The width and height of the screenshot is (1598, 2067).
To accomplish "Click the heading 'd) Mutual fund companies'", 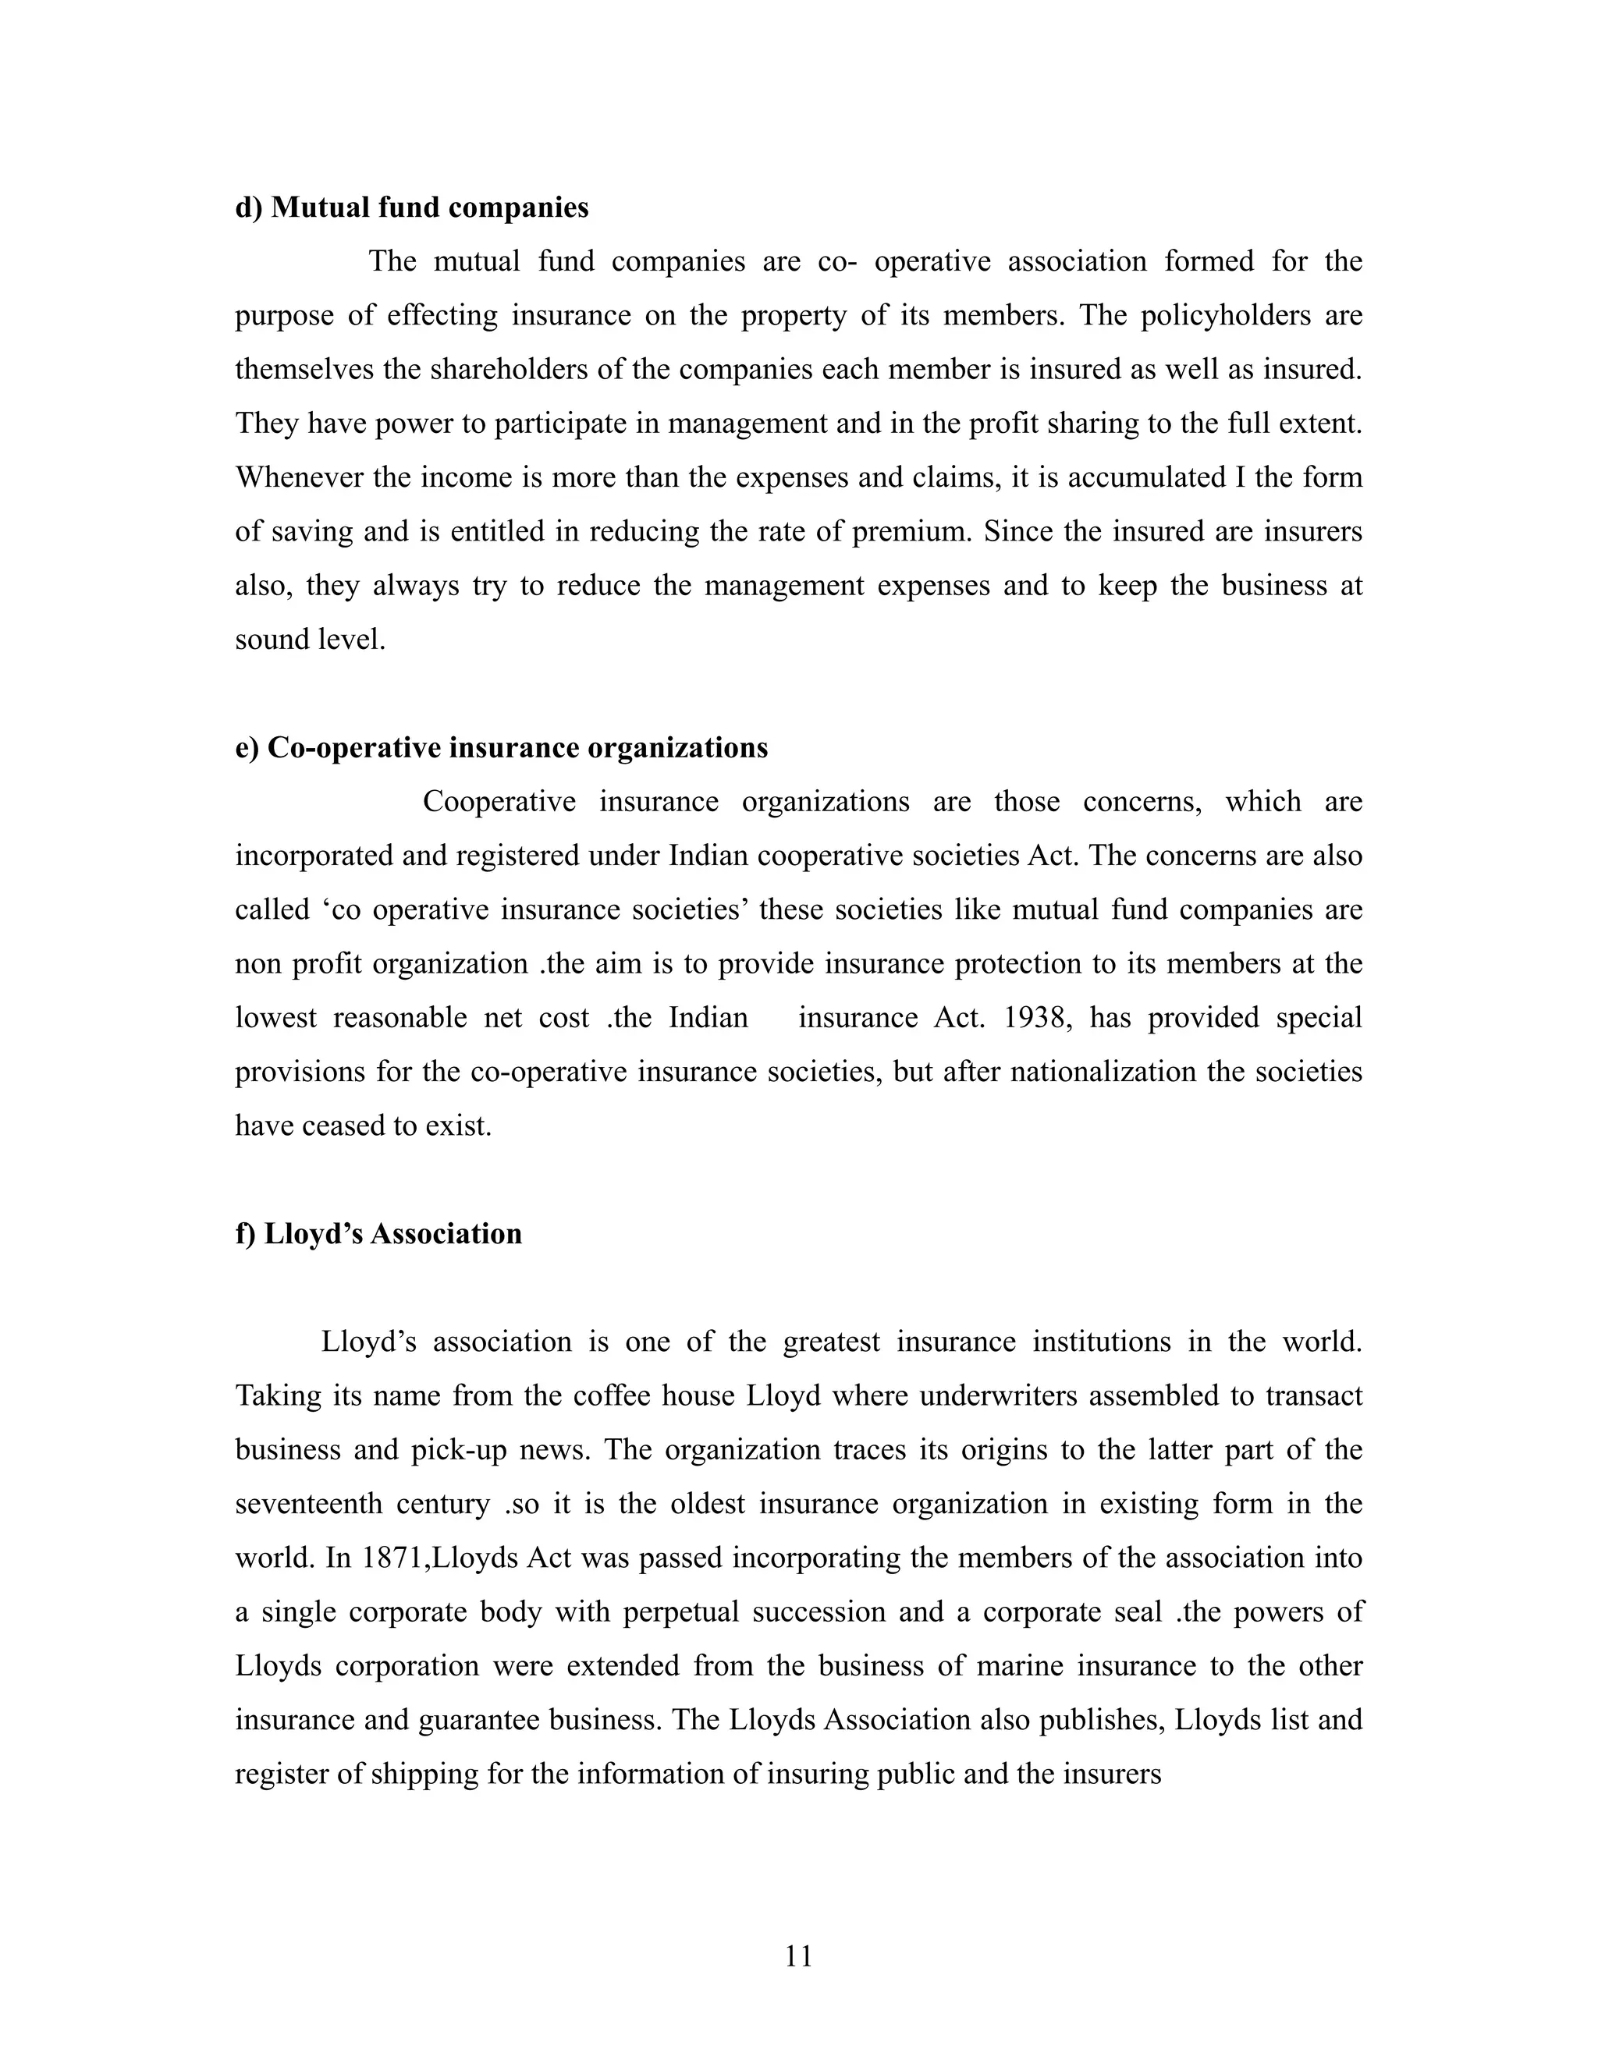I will [412, 207].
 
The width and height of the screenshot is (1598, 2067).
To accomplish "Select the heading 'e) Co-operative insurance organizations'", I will [502, 748].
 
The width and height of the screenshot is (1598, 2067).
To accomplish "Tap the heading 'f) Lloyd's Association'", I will [378, 1234].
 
